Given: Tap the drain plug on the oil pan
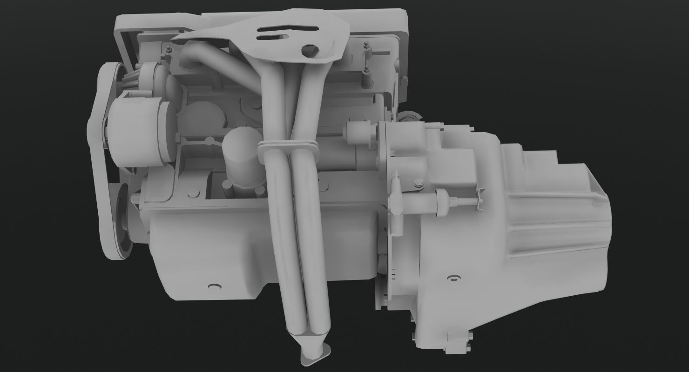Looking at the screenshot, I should click(x=215, y=286).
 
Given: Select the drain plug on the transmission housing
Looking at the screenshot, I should click(x=452, y=279).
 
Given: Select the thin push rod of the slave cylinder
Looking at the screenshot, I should click(x=466, y=201).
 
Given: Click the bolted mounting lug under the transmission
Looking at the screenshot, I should click(x=459, y=342).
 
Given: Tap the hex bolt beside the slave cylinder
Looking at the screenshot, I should click(x=418, y=186).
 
